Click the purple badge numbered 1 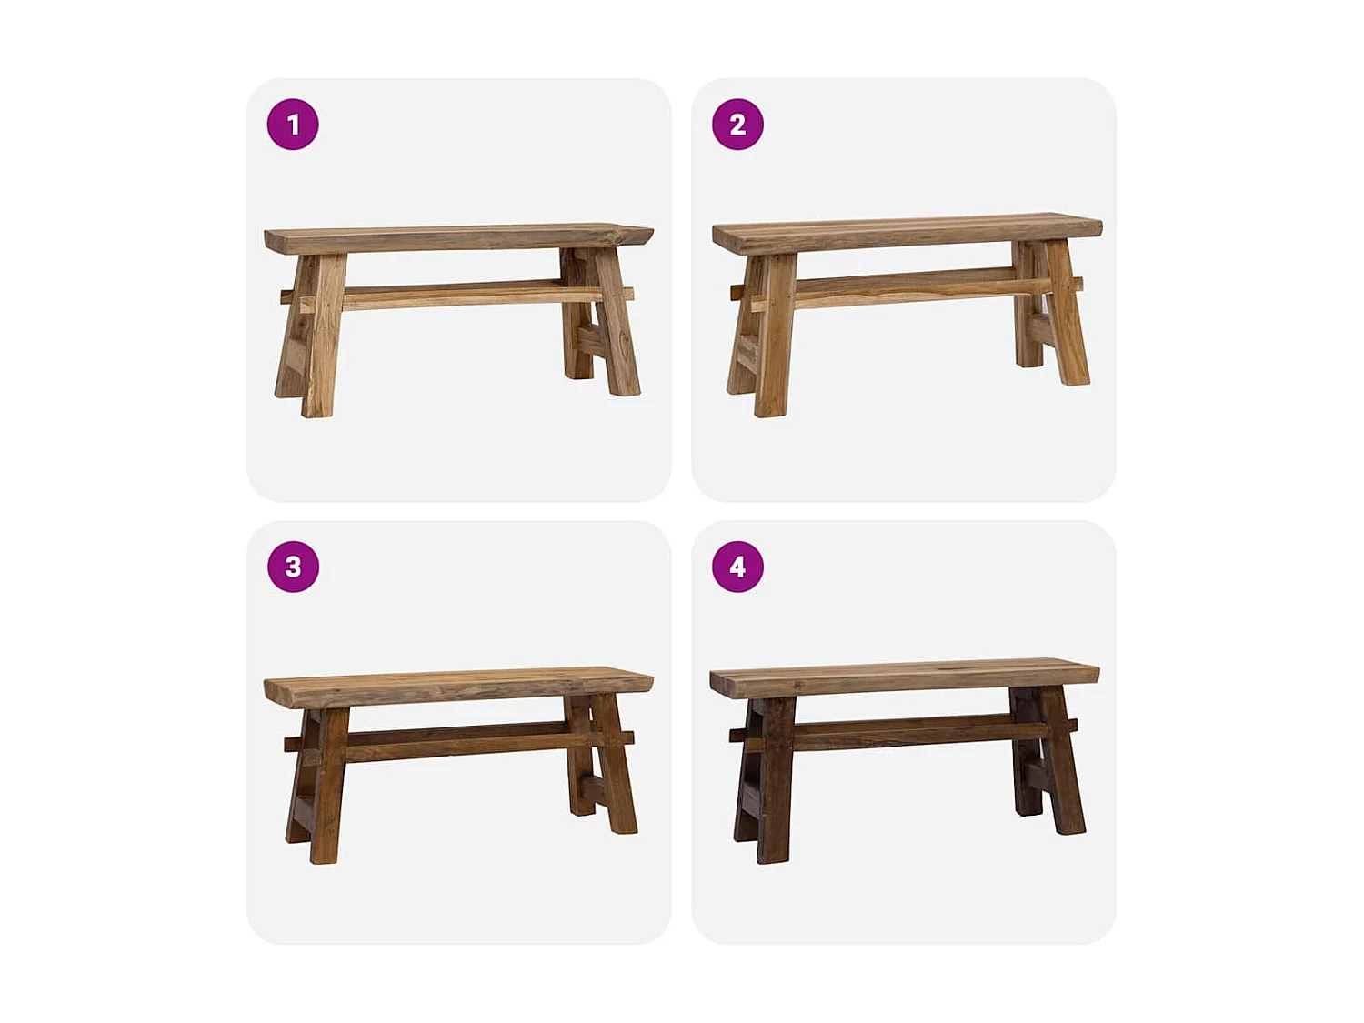293,125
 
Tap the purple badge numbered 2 737,125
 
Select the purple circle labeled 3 293,567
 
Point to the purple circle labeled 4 737,567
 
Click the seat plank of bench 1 455,238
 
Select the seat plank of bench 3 455,687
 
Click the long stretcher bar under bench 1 455,296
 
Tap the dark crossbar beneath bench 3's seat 455,741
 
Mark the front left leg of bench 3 328,787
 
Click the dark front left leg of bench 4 776,782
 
